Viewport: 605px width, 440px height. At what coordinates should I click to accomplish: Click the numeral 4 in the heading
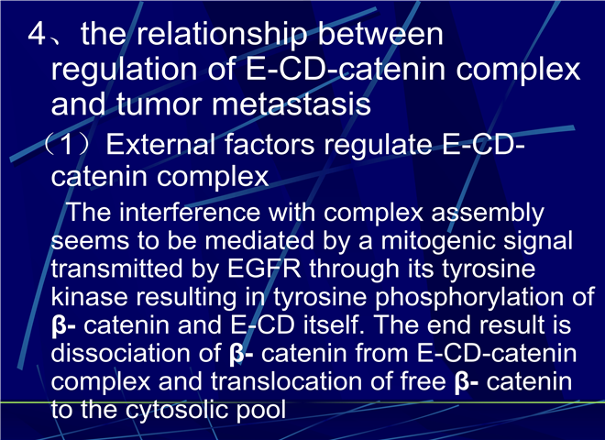click(37, 34)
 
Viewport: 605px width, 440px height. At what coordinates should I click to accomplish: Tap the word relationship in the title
click(222, 35)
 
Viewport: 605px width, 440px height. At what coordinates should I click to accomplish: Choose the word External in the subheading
click(160, 144)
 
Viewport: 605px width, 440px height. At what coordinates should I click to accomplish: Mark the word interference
click(190, 212)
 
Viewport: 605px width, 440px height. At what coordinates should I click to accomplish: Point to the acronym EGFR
click(264, 269)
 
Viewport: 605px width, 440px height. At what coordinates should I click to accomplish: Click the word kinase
click(89, 297)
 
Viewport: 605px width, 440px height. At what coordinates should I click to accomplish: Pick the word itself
click(334, 324)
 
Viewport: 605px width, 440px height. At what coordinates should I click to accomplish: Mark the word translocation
click(286, 381)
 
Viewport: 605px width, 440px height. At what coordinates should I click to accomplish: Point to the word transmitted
click(116, 269)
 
